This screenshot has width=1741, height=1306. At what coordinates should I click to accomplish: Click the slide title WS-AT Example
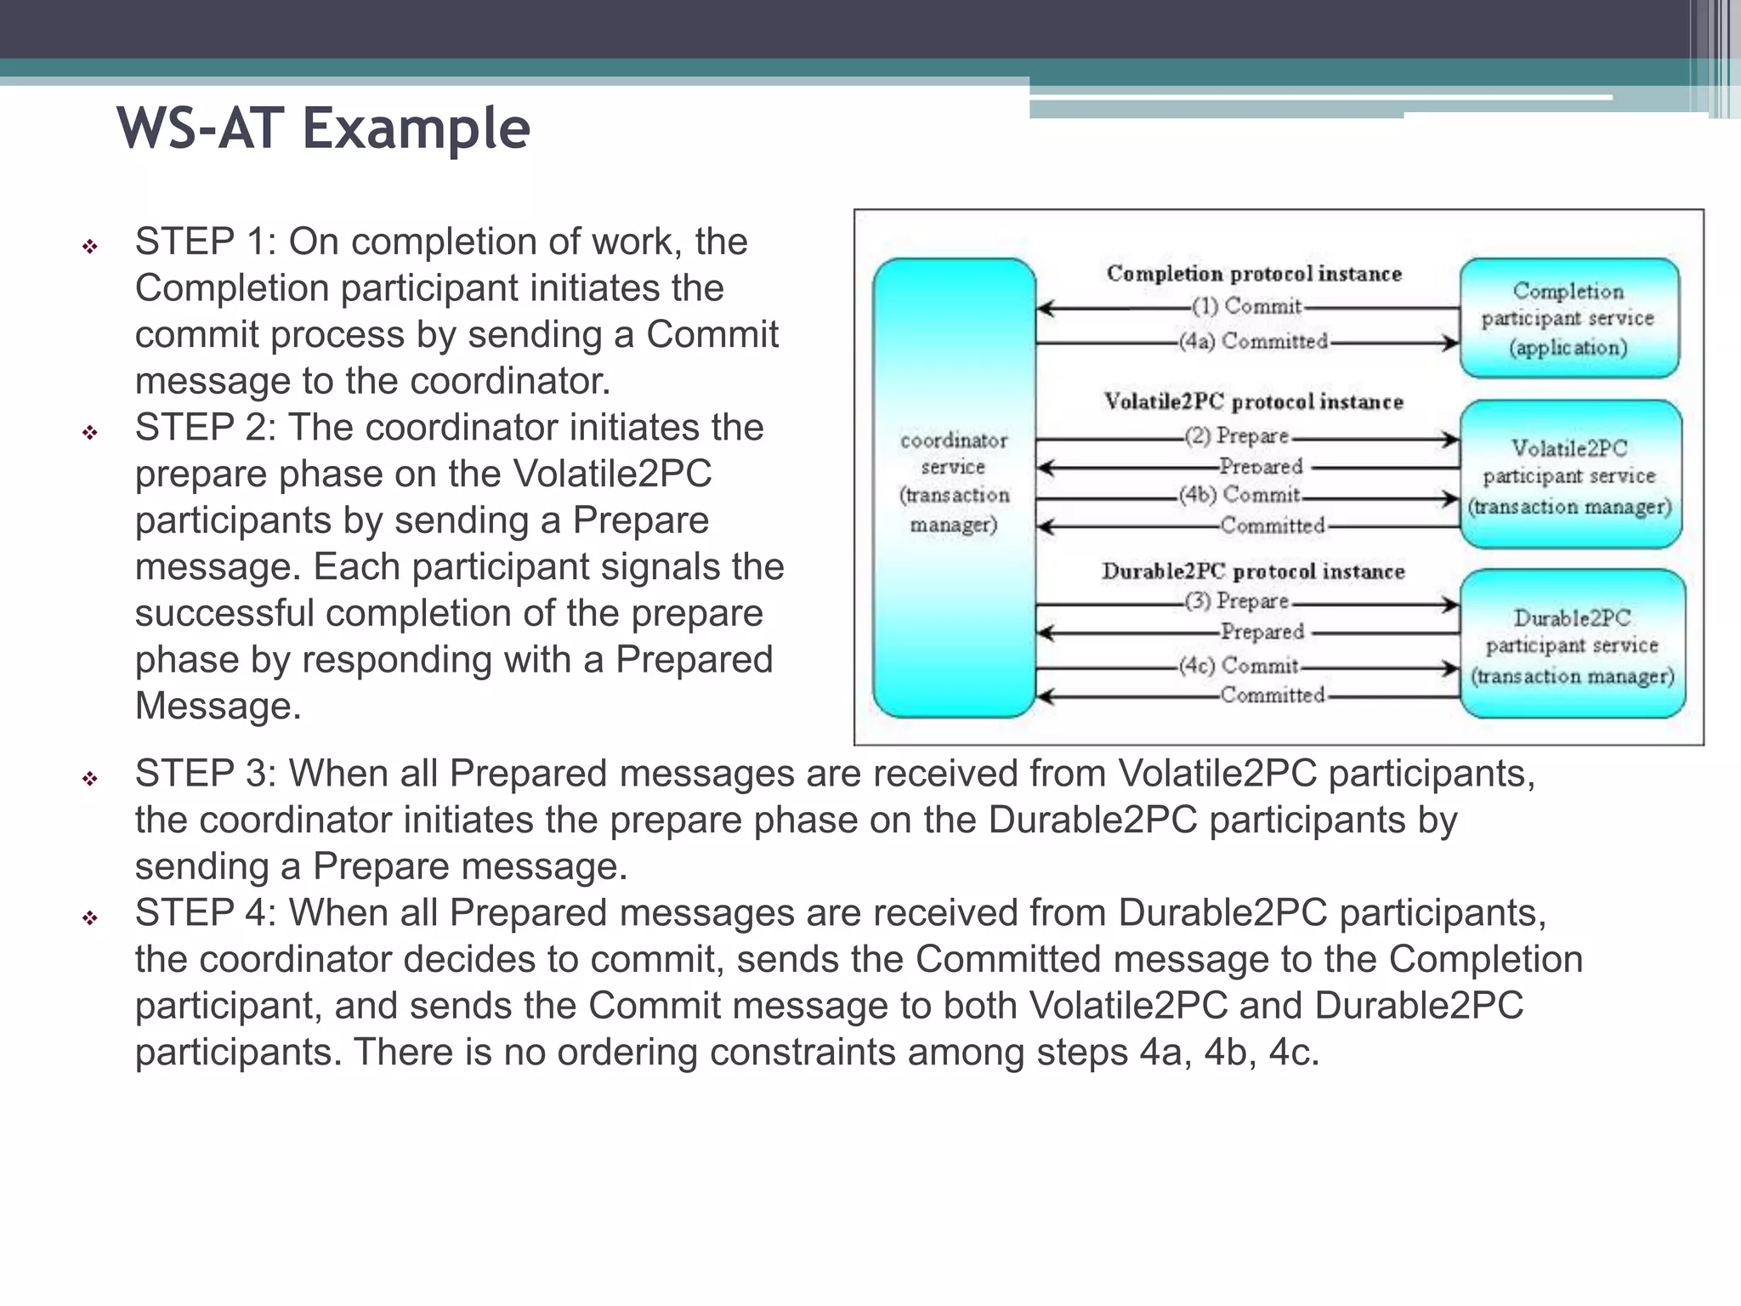(323, 129)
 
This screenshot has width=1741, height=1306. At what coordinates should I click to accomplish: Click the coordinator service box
(954, 485)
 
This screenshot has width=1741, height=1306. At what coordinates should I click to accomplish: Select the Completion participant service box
(1568, 318)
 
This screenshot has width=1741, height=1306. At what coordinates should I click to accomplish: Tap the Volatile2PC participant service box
(1570, 475)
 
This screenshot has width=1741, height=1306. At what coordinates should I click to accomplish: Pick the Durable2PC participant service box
(1572, 645)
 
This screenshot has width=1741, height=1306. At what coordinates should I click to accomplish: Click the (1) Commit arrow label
(1246, 306)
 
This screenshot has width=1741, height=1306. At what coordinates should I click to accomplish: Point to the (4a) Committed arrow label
(1253, 342)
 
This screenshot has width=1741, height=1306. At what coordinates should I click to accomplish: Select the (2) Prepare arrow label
(1238, 436)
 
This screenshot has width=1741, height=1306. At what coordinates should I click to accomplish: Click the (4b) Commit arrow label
(1239, 495)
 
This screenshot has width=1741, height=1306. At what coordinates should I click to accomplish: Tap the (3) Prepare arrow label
(1238, 601)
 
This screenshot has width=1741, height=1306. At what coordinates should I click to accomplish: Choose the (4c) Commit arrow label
(1239, 665)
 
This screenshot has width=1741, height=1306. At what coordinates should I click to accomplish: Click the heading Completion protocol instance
(1253, 274)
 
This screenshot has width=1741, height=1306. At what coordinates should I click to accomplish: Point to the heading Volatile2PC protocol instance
(1253, 401)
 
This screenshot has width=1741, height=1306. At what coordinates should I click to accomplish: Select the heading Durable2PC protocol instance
(1253, 571)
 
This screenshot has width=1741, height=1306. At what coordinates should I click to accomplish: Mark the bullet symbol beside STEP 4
(90, 918)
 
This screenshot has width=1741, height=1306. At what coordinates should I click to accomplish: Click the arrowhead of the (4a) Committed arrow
(1451, 343)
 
